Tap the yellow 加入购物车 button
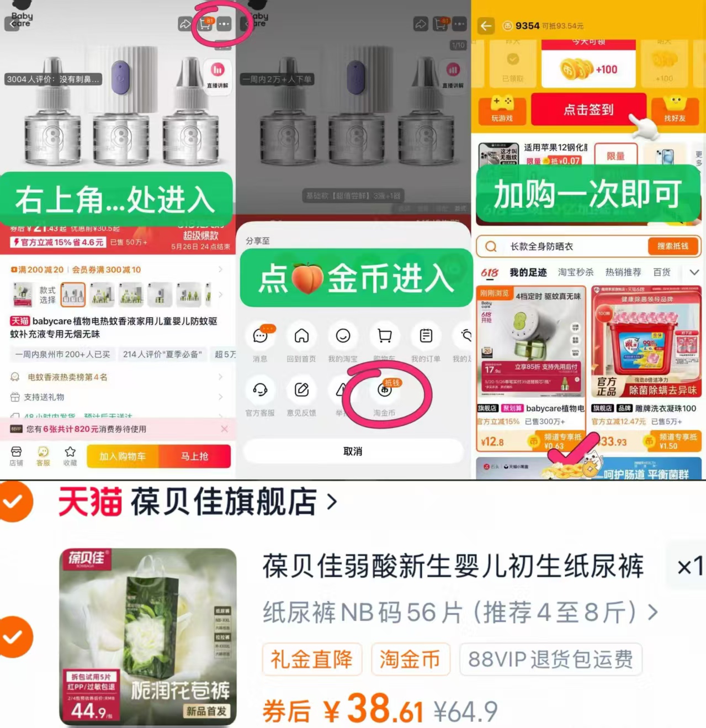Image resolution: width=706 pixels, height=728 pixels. point(123,456)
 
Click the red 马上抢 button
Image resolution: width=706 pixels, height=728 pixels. point(194,456)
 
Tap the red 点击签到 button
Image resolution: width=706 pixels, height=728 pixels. point(588,109)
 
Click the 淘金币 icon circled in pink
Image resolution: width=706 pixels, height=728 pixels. point(385,390)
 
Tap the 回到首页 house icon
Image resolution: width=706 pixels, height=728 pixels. point(301,336)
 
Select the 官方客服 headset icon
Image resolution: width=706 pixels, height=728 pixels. point(260,390)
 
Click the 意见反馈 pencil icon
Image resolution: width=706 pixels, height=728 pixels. point(301,390)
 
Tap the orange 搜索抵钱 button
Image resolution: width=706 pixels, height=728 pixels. point(672,246)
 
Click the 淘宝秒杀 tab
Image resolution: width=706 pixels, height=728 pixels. point(576,272)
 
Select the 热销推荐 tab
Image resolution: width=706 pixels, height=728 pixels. point(623,272)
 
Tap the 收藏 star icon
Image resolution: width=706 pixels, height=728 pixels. point(70,452)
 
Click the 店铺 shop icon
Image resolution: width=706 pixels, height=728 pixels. point(17,452)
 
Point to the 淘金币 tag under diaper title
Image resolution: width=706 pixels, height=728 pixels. point(410,659)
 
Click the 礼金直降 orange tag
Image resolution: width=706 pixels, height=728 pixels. point(311,659)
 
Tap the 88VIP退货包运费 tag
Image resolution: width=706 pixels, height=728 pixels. point(550,659)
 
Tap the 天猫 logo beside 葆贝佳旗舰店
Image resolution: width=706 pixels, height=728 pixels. point(90,502)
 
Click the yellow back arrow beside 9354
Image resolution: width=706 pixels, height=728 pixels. point(486,26)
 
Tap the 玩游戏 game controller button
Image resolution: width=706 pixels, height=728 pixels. point(502,109)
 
